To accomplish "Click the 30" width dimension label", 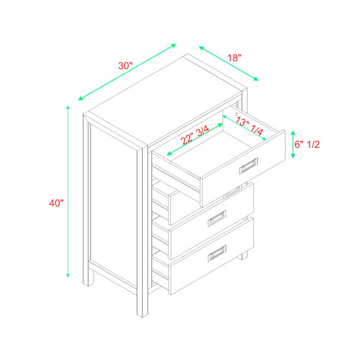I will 125,66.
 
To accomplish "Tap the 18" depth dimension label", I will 234,58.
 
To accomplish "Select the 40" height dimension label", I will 56,203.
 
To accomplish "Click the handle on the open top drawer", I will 248,165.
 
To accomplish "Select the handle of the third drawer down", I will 217,220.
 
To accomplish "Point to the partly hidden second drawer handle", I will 232,192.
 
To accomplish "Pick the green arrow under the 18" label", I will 228,62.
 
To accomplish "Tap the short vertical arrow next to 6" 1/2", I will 293,145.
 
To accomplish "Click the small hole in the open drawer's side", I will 238,113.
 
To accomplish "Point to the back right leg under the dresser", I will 244,254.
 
